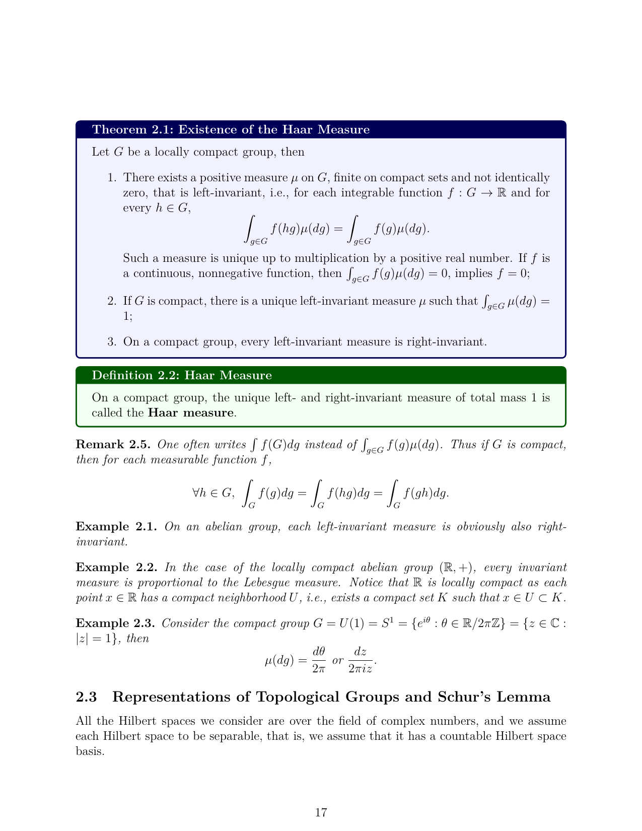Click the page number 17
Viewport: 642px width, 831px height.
(x=321, y=812)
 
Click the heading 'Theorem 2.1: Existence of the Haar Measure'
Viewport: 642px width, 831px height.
(x=231, y=129)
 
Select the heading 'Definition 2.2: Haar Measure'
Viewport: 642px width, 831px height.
(x=182, y=375)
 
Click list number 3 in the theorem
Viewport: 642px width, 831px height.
(x=112, y=342)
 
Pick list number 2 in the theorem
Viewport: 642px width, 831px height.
(x=112, y=301)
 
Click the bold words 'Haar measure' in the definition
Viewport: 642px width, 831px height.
(x=191, y=413)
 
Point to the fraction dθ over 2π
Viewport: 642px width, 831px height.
(x=319, y=660)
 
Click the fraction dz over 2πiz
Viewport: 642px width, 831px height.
(x=360, y=660)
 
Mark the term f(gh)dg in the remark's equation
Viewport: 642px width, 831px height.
(x=425, y=493)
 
